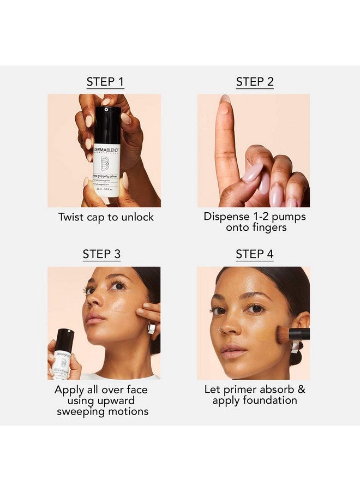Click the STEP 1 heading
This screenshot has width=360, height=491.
pos(105,82)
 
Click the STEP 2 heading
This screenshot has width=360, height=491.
pos(255,82)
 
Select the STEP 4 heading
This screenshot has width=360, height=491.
pos(255,254)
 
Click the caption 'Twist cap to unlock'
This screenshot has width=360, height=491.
pos(106,217)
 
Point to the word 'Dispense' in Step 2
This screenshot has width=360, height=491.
pos(228,217)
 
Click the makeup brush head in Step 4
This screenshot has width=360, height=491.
pos(284,334)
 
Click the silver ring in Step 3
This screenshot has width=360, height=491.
pos(152,328)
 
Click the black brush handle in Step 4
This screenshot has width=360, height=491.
pos(301,334)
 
